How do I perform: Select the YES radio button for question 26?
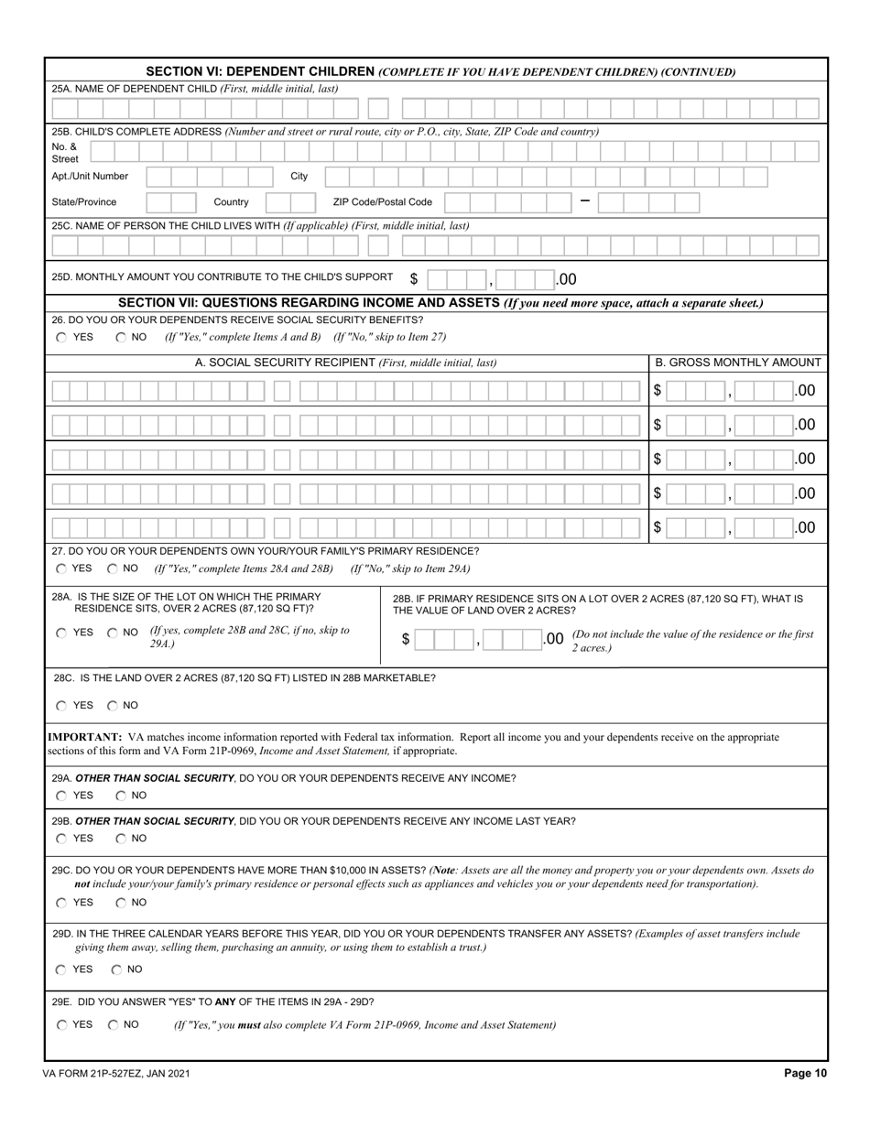(x=61, y=337)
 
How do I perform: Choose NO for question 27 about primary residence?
(x=113, y=568)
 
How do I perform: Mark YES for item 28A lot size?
(x=61, y=632)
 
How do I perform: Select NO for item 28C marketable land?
(x=113, y=706)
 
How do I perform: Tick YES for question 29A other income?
(x=61, y=796)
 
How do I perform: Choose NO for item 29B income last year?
(x=121, y=839)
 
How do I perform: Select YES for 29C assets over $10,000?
(x=61, y=903)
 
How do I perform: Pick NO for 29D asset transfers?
(x=117, y=969)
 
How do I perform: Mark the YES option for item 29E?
(x=61, y=1025)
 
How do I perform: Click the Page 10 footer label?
(x=805, y=1074)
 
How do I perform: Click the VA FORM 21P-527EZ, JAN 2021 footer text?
(x=116, y=1074)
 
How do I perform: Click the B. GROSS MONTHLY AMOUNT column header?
(x=738, y=363)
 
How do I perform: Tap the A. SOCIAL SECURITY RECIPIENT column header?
(x=345, y=363)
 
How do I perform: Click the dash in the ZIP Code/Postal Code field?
(x=585, y=201)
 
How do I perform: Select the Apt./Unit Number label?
(x=90, y=176)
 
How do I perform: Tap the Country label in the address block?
(x=231, y=201)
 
